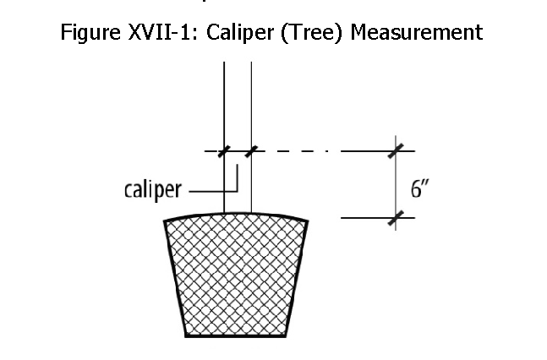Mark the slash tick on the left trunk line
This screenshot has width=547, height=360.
coord(224,152)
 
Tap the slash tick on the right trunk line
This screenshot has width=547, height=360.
coord(251,152)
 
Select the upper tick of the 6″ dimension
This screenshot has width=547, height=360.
coord(395,152)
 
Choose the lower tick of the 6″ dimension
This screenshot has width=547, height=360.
coord(395,218)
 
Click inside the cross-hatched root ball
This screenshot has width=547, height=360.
coord(236,275)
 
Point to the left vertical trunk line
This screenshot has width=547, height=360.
coord(224,101)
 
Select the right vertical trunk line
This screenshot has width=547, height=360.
coord(251,101)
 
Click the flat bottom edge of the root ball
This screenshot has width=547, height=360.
coord(236,335)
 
